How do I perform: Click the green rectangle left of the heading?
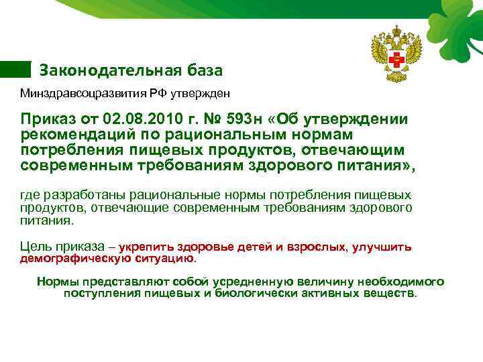[x=15, y=69]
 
